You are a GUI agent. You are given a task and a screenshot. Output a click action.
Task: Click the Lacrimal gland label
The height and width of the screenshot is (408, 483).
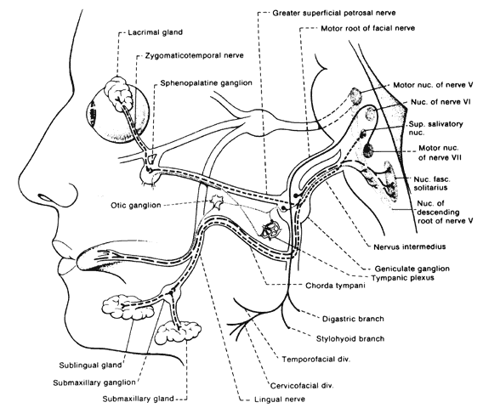[156, 32]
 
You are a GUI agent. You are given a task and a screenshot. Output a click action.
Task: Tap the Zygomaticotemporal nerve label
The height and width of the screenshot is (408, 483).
[195, 56]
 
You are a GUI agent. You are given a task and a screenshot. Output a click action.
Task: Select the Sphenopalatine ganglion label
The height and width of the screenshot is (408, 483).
[206, 83]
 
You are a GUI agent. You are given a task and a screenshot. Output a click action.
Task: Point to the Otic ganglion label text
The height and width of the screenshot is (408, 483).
[136, 206]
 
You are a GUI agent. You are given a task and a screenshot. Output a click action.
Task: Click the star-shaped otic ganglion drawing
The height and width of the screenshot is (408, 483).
[217, 202]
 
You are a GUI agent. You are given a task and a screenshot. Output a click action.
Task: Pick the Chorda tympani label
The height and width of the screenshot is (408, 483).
[335, 286]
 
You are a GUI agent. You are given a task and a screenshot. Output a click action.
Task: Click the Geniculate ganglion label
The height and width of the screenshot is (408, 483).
[412, 269]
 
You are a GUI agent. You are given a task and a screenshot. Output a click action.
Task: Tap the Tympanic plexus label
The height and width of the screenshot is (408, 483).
[403, 278]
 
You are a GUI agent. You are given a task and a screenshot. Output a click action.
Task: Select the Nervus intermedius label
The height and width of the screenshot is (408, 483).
[409, 246]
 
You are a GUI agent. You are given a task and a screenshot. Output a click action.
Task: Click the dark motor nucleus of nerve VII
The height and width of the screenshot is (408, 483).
[368, 150]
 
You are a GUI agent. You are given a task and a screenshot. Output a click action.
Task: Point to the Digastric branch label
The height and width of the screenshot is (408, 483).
[353, 319]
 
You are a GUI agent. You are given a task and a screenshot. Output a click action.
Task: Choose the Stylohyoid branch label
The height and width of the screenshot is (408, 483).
[350, 339]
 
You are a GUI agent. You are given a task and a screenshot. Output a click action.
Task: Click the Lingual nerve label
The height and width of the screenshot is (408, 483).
[280, 399]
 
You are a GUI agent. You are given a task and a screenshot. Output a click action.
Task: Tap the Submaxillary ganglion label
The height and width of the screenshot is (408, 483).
[94, 383]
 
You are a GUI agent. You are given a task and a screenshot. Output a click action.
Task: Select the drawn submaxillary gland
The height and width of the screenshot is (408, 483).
[179, 332]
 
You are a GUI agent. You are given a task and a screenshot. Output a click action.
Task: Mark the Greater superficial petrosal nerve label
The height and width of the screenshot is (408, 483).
[334, 13]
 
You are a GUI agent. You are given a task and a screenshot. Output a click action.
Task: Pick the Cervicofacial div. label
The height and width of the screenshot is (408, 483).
[302, 386]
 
